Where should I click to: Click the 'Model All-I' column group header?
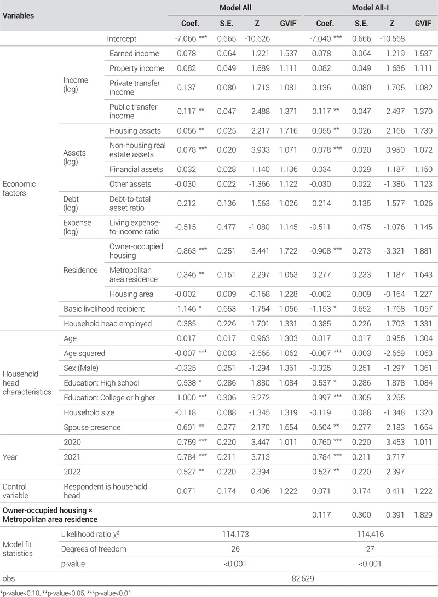coord(370,8)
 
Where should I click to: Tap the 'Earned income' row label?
coord(134,53)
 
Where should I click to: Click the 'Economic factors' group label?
coord(19,189)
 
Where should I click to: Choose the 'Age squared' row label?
coord(85,353)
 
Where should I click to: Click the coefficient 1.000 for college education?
coord(187,398)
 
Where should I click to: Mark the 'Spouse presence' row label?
coord(91,427)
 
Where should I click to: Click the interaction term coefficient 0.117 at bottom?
coord(321,514)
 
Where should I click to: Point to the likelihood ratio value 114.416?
coord(370,533)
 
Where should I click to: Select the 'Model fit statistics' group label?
coord(18,548)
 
